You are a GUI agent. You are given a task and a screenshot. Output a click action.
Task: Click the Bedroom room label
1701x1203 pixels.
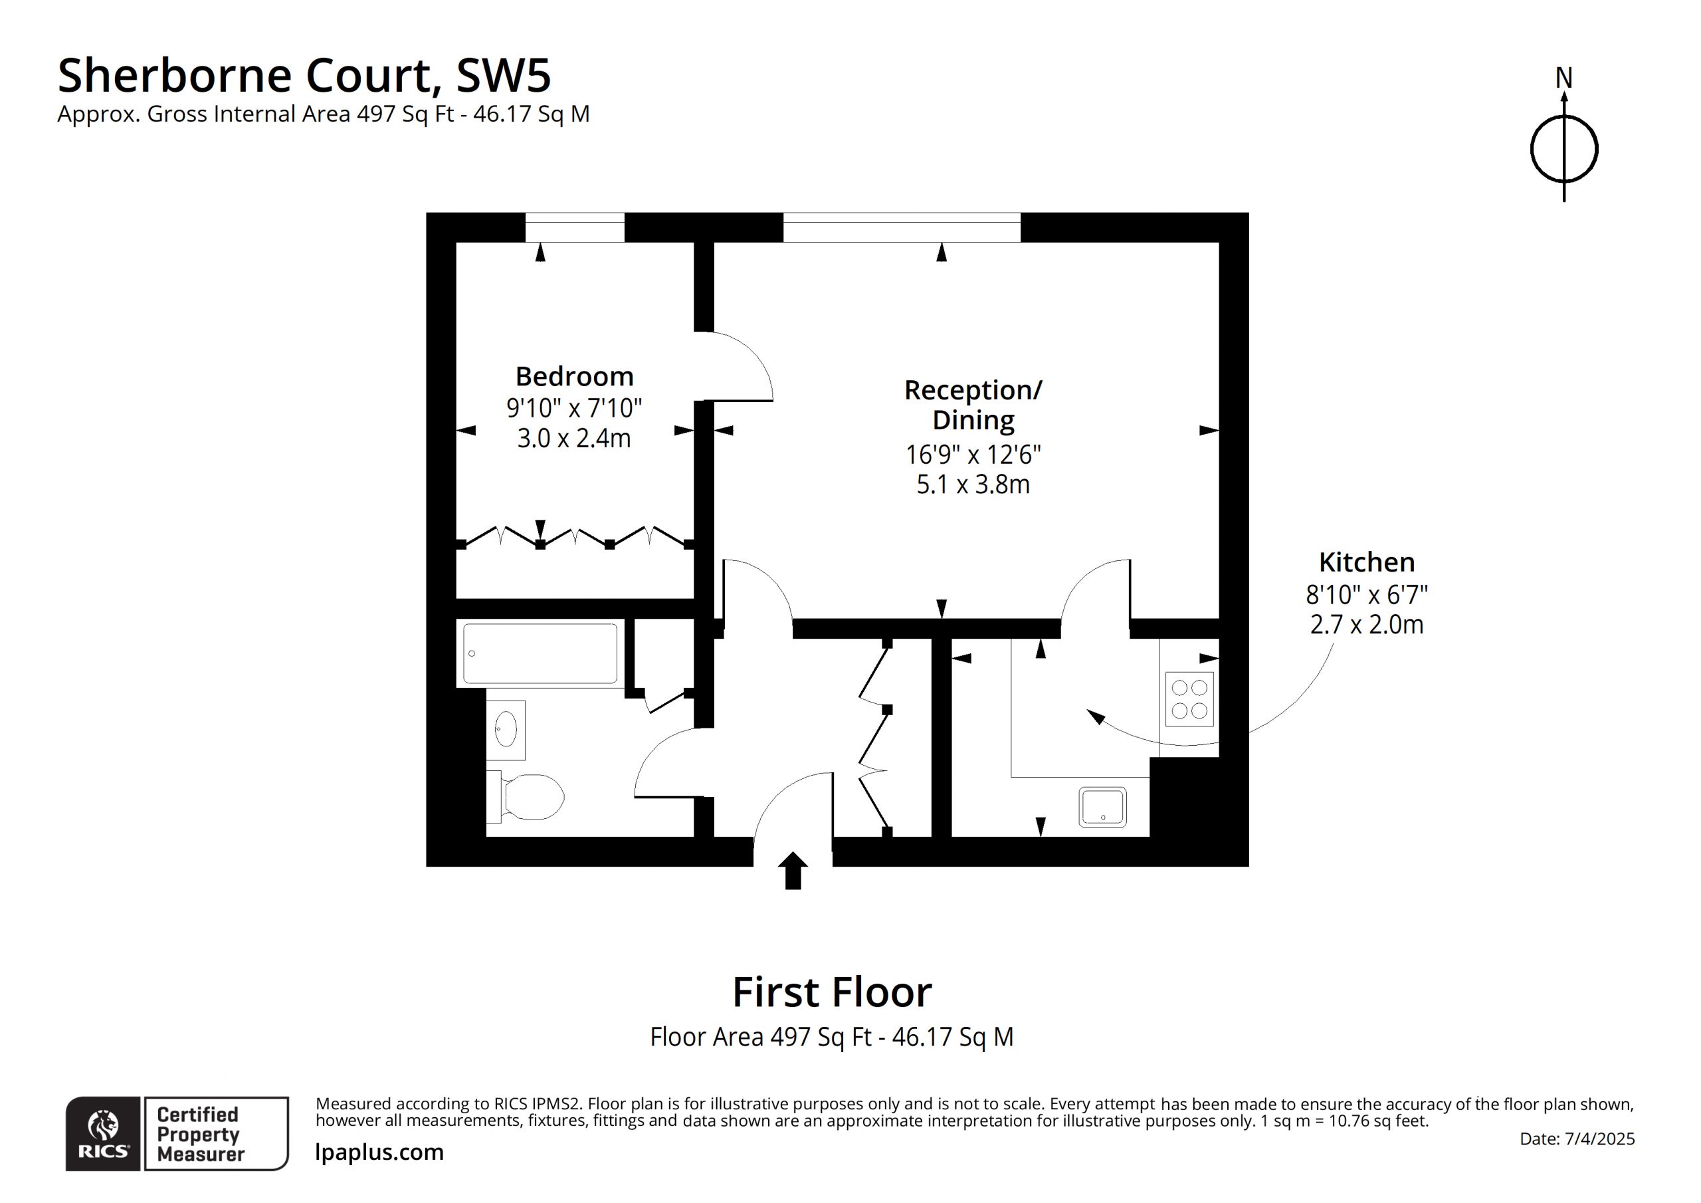pyautogui.click(x=574, y=377)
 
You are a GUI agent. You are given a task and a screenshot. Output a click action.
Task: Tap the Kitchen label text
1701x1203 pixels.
pyautogui.click(x=1367, y=562)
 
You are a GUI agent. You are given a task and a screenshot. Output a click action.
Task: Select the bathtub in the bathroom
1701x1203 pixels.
pyautogui.click(x=540, y=653)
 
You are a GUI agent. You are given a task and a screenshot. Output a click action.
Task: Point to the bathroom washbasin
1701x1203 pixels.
pyautogui.click(x=506, y=729)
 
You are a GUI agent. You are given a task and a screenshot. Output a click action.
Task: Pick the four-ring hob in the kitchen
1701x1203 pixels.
pyautogui.click(x=1189, y=699)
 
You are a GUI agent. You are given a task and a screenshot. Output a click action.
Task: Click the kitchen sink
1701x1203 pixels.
pyautogui.click(x=1103, y=807)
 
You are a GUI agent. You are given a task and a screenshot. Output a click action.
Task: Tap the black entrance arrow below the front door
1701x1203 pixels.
pyautogui.click(x=793, y=870)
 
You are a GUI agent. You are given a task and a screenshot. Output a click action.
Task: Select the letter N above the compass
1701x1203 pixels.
pyautogui.click(x=1564, y=78)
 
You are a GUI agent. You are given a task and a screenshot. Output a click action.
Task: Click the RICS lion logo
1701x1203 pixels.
pyautogui.click(x=103, y=1125)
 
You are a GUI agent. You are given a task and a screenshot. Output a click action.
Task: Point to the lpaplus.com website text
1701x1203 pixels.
pyautogui.click(x=379, y=1152)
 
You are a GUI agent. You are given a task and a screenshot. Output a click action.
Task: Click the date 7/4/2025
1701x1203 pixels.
pyautogui.click(x=1599, y=1139)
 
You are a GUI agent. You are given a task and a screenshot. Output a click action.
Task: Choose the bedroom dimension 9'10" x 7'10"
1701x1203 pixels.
pyautogui.click(x=574, y=407)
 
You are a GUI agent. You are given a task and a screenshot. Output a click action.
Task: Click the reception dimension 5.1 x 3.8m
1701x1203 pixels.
pyautogui.click(x=973, y=485)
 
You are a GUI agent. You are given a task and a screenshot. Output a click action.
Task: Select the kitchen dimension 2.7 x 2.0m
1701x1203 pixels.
pyautogui.click(x=1367, y=625)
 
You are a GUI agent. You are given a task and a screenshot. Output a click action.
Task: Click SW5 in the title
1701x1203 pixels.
pyautogui.click(x=504, y=76)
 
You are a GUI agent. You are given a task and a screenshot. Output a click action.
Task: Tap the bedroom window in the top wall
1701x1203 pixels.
pyautogui.click(x=575, y=227)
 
